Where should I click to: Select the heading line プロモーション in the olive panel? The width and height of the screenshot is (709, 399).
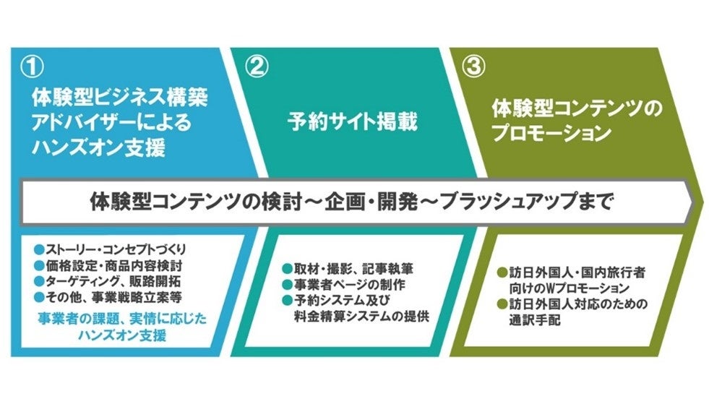click(551, 134)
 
